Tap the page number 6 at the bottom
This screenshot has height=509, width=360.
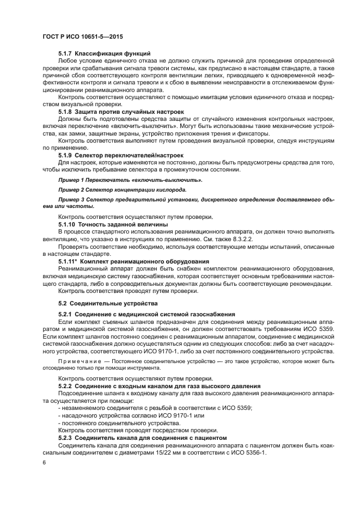click(45, 463)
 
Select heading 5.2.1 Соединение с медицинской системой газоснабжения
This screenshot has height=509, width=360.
click(146, 314)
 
